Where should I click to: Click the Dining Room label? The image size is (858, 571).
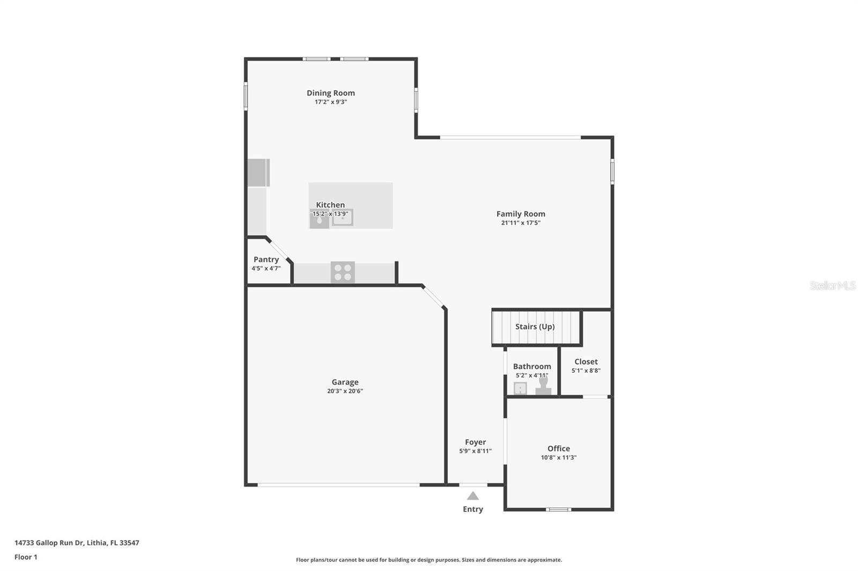(330, 93)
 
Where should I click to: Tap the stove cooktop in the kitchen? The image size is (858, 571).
(343, 272)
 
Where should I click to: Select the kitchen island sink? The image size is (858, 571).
(342, 217)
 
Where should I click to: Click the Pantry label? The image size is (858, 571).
(266, 260)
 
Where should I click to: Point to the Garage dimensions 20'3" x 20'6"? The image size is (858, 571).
(345, 391)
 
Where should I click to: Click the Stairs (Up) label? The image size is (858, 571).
(535, 327)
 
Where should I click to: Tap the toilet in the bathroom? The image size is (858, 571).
(543, 386)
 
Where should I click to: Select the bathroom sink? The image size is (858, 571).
(520, 388)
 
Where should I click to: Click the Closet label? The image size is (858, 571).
(586, 362)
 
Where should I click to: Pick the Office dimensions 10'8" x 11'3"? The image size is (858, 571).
(558, 457)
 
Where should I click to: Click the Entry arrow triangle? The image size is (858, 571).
(472, 496)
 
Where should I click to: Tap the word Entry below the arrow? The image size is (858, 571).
(472, 509)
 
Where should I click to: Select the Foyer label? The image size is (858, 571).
(475, 442)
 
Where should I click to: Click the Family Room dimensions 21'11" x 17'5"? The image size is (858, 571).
(520, 223)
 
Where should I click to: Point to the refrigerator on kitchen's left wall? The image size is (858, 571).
(258, 172)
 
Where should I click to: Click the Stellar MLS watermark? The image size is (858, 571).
(832, 285)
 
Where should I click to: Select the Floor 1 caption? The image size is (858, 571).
(26, 557)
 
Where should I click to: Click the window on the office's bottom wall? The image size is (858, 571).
(558, 509)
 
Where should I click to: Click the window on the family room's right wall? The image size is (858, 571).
(612, 171)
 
